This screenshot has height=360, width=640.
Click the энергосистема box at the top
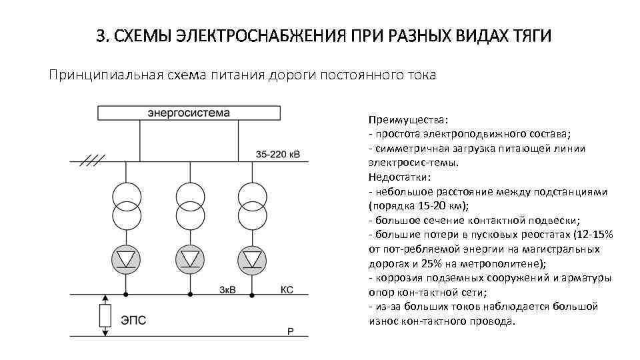(x=189, y=112)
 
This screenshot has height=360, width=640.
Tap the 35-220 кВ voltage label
(x=278, y=155)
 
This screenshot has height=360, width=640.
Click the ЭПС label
(x=133, y=321)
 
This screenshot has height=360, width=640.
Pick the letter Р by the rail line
(x=290, y=331)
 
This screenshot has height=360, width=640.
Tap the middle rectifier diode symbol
(x=189, y=257)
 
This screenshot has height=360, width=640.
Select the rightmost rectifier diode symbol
(x=251, y=257)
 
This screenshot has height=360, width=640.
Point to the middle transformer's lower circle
(x=189, y=216)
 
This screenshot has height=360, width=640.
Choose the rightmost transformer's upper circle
(x=251, y=195)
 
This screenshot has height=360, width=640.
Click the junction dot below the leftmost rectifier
(x=126, y=294)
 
